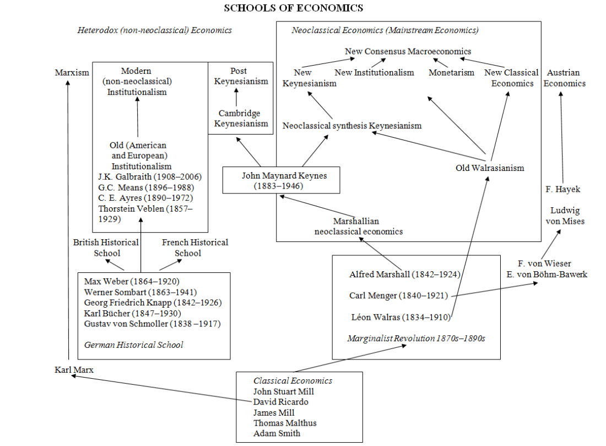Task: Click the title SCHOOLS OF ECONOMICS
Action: coord(293,8)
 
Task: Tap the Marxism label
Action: coord(72,72)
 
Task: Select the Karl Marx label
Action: coord(74,369)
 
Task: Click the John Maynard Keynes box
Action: coord(281,181)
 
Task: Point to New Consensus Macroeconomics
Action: coord(408,52)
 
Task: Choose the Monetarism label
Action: coord(451,72)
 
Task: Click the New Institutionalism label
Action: coord(374,72)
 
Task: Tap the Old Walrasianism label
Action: coord(490,168)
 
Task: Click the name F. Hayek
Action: coord(562,189)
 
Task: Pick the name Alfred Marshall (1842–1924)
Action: coord(405,274)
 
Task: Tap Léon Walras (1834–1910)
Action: coord(401,316)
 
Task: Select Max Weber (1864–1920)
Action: coord(132,281)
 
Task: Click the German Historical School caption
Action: coord(133,345)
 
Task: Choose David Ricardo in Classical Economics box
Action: coord(280,402)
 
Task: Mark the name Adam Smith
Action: coord(277,433)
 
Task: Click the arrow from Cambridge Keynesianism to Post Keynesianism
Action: coord(236,98)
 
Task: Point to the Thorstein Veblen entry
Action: coord(145,213)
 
